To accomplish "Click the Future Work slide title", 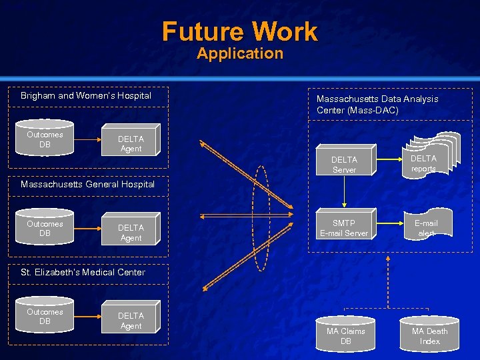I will click(x=240, y=31).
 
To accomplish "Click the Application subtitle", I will click(x=240, y=54).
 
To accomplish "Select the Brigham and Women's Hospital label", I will click(x=86, y=96).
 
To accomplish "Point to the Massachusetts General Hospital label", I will click(x=87, y=184).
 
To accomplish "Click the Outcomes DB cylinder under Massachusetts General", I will click(x=45, y=229).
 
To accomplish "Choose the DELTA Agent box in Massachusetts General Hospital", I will click(x=131, y=233).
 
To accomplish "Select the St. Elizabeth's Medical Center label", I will click(x=83, y=272).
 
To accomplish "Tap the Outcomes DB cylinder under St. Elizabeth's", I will click(x=45, y=317).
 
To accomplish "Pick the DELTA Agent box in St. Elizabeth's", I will click(x=131, y=321).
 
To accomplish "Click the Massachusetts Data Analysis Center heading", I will click(x=377, y=104).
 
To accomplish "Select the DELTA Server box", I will click(x=344, y=165).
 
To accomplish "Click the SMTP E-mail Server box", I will click(x=344, y=228).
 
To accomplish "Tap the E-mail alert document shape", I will click(x=426, y=227).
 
